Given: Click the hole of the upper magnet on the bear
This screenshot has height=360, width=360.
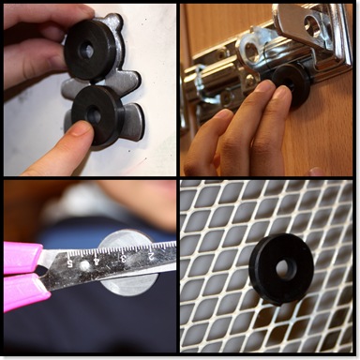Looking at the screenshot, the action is [86, 50].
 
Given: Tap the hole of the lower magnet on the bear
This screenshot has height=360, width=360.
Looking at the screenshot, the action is [94, 115].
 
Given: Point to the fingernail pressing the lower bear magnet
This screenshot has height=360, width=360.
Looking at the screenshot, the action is [81, 129].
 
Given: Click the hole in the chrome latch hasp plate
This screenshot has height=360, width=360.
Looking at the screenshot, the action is [310, 25].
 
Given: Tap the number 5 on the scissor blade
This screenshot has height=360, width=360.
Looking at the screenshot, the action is [69, 262].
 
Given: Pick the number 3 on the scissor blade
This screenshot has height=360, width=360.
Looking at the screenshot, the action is [123, 258].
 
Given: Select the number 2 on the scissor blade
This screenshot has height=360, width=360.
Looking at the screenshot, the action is [151, 256].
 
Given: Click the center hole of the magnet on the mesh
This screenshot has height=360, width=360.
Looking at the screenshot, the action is [283, 268].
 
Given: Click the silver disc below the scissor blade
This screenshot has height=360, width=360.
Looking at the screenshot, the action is [128, 284].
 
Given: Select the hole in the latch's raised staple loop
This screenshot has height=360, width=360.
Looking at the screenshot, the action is [250, 50].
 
